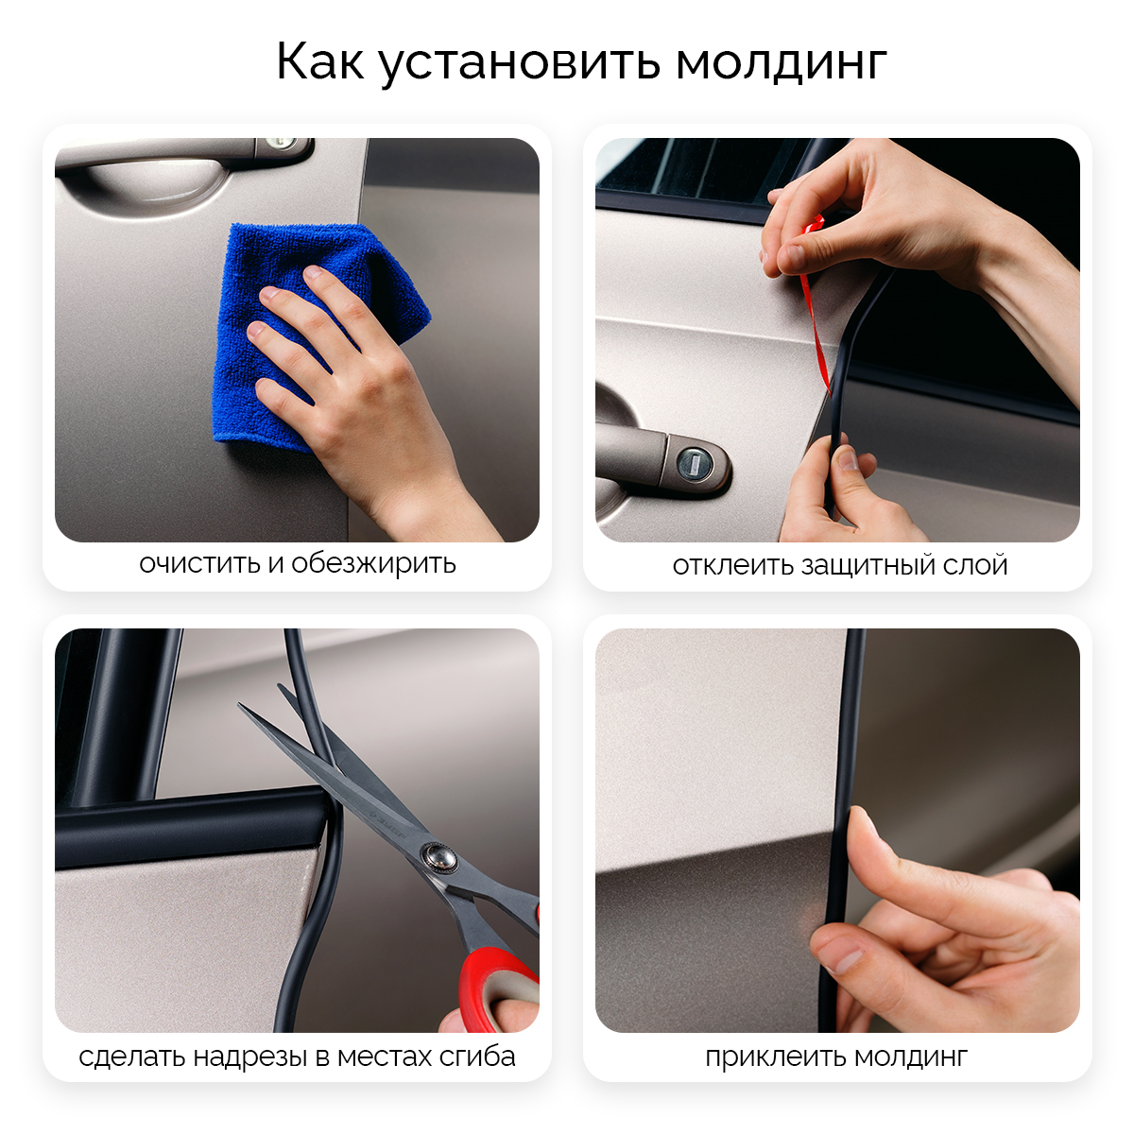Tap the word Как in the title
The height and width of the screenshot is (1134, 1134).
click(320, 61)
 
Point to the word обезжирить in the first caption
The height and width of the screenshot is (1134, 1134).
click(373, 563)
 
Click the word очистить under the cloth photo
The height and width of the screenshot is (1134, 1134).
click(200, 564)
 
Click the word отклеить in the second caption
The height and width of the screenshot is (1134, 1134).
click(731, 565)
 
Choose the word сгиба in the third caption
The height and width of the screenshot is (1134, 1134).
click(478, 1057)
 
